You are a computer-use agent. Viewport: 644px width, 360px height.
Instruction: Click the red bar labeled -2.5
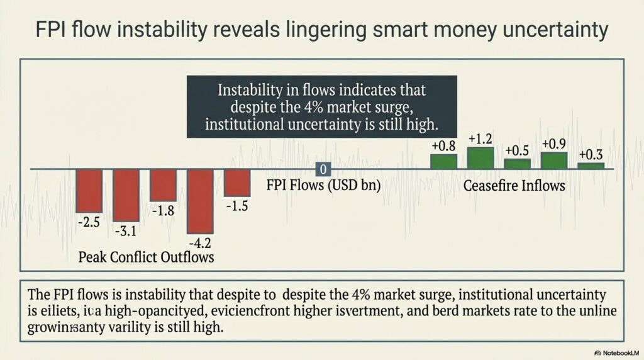(89, 191)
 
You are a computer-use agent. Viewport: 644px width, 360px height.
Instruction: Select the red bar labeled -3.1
(126, 195)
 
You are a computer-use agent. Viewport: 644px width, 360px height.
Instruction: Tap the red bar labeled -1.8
(163, 185)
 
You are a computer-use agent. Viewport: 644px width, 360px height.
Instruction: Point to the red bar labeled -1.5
(237, 183)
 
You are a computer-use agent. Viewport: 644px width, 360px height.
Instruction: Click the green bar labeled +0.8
(443, 161)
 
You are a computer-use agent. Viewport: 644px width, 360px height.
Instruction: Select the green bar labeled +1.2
(480, 158)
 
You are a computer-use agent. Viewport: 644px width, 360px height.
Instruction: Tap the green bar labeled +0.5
(518, 164)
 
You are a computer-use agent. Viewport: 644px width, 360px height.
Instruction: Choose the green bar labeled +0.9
(554, 160)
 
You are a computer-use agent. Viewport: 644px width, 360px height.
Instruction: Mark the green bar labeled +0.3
(591, 166)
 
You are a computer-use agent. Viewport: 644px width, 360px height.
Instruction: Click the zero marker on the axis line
(323, 169)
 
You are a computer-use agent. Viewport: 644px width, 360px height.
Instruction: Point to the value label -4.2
(200, 242)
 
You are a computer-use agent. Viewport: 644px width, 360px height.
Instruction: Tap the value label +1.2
(480, 138)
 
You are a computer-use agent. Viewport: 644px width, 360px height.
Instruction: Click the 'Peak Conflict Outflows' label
(146, 257)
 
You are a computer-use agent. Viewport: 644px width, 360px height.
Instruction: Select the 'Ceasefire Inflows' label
(514, 186)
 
